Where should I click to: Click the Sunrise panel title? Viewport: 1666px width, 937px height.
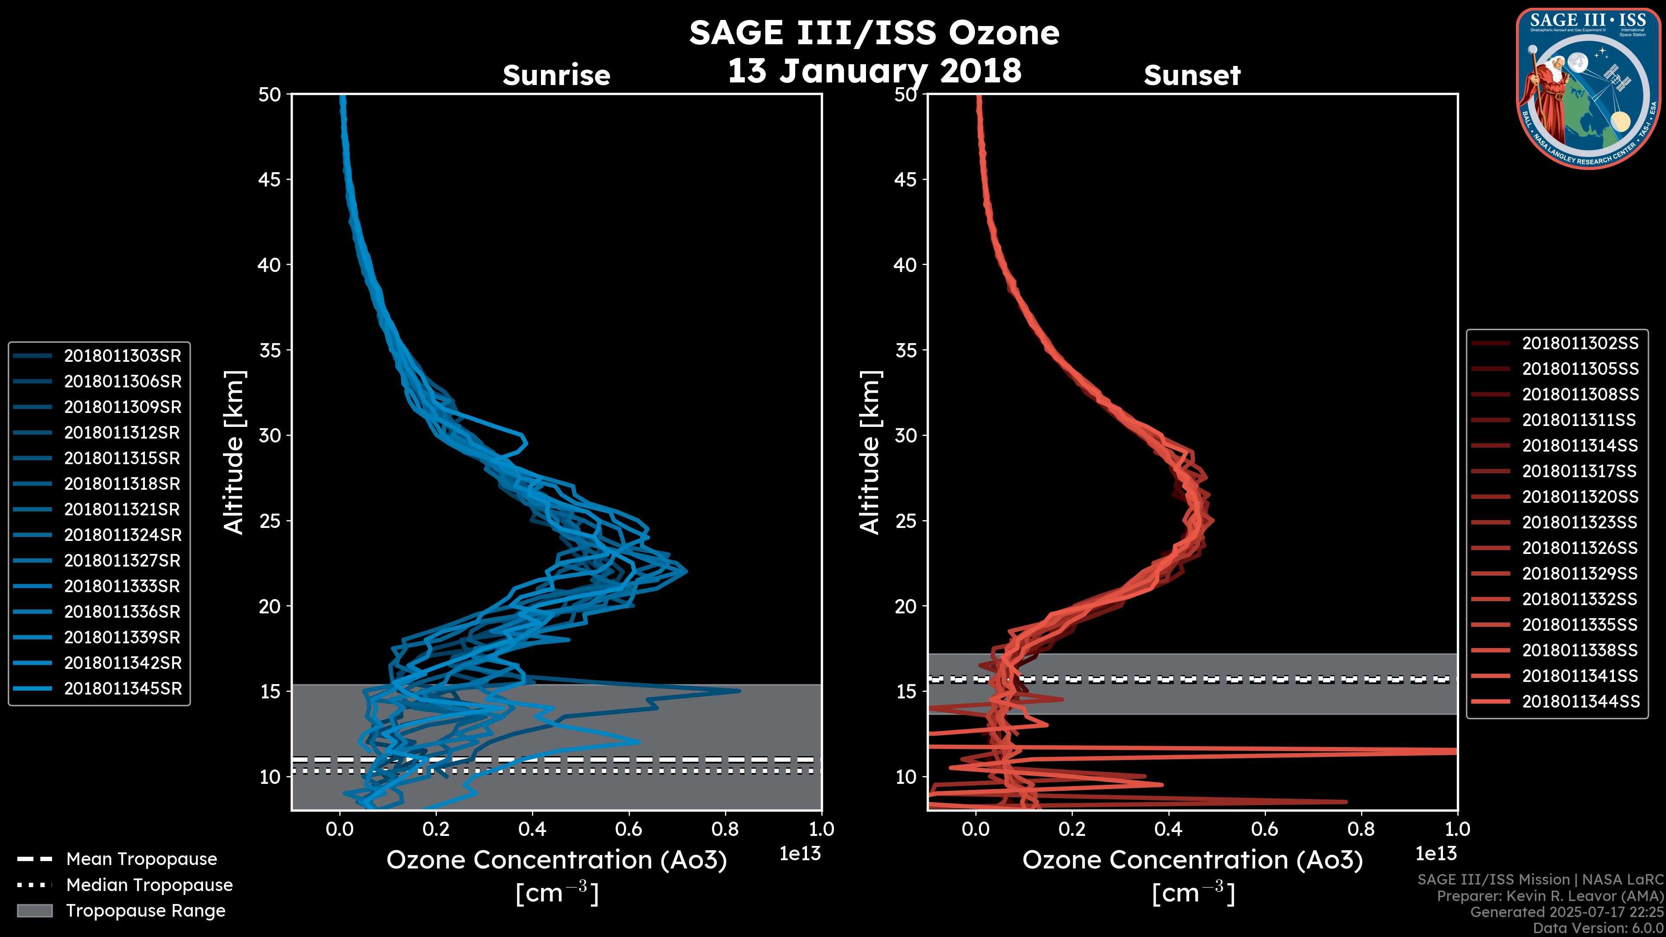pos(556,75)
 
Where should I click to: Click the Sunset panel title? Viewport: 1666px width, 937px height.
pos(1192,75)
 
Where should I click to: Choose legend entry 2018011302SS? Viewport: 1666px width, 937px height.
pos(1580,344)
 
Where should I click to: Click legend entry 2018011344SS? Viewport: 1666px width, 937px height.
pos(1580,701)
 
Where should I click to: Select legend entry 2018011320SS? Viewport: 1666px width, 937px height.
pos(1580,497)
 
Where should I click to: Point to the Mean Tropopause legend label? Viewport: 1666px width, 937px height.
pos(141,859)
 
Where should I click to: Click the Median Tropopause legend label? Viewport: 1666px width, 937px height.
pos(149,885)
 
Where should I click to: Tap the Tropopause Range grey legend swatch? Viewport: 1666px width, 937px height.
pos(34,911)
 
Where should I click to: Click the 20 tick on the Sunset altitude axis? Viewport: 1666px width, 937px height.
pos(906,606)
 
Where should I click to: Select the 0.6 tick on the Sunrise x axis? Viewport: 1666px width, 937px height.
pos(628,829)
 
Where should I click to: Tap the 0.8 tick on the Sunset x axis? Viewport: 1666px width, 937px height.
pos(1361,829)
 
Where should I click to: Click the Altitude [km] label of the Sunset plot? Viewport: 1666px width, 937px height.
pos(870,452)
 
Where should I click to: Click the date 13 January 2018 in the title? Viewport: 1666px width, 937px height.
pos(874,70)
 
